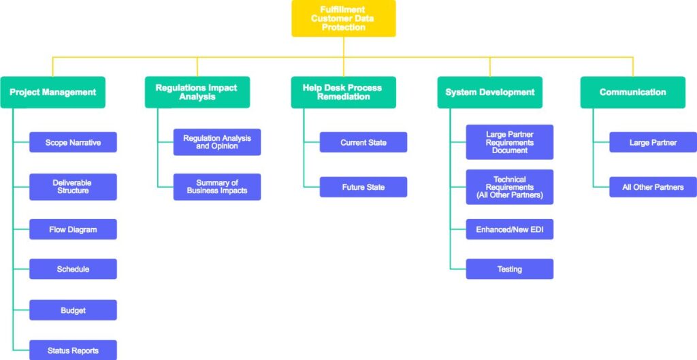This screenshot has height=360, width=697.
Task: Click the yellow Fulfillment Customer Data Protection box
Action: tap(343, 18)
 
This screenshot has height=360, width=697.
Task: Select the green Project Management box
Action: tap(52, 93)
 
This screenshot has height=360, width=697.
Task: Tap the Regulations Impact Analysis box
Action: tap(197, 93)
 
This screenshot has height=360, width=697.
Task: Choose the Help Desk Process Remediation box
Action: tap(343, 93)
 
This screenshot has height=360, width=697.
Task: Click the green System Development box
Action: tap(489, 93)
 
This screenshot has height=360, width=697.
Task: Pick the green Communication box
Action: tap(632, 93)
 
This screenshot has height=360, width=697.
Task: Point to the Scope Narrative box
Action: tap(73, 142)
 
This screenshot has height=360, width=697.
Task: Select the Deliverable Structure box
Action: tap(73, 186)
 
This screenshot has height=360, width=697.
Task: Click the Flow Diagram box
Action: tap(73, 229)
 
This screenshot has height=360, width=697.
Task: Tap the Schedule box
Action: tap(73, 269)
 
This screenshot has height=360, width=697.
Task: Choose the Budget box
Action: tap(73, 310)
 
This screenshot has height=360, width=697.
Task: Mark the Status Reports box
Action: tap(73, 350)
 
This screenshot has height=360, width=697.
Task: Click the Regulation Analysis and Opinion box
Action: tap(216, 142)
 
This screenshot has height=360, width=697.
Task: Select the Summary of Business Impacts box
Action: tap(216, 186)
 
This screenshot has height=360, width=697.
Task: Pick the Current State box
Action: tap(363, 142)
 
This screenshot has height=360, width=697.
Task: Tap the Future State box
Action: tap(363, 187)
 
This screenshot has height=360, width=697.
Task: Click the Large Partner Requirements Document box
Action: tap(509, 142)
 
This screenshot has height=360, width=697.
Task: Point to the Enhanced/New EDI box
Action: tap(509, 229)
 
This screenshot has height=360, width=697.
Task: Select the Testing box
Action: tap(509, 269)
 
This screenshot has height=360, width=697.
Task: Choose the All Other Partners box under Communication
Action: tap(653, 187)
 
